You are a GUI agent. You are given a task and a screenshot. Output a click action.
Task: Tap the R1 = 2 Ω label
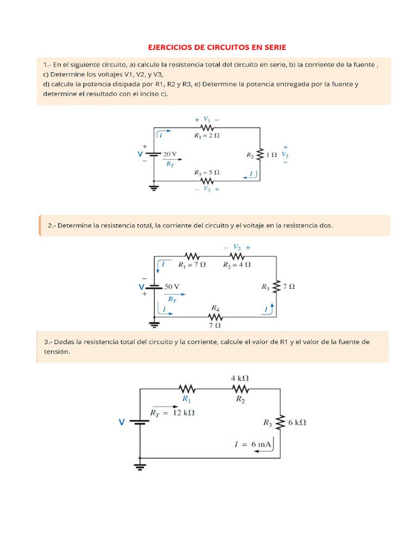click(207, 135)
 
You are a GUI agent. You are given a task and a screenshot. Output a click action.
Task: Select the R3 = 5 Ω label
click(207, 172)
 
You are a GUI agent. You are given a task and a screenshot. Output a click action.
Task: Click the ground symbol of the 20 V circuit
click(154, 188)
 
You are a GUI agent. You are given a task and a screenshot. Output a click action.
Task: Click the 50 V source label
click(172, 286)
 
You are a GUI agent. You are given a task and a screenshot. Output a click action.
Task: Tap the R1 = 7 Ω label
click(192, 264)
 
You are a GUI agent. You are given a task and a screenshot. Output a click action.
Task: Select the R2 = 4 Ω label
click(237, 264)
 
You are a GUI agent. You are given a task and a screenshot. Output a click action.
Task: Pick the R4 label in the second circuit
click(215, 307)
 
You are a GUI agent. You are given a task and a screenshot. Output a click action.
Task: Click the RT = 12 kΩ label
click(172, 413)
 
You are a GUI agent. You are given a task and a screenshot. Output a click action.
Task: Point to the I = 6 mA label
click(252, 444)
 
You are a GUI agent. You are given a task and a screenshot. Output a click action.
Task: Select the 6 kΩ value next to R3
click(298, 422)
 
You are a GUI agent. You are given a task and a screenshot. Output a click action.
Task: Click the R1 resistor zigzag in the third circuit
click(187, 388)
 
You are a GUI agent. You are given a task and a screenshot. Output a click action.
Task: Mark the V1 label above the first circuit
click(207, 119)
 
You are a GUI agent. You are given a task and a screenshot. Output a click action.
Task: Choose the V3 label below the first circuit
click(207, 189)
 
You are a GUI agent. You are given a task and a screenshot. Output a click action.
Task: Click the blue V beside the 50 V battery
click(141, 286)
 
